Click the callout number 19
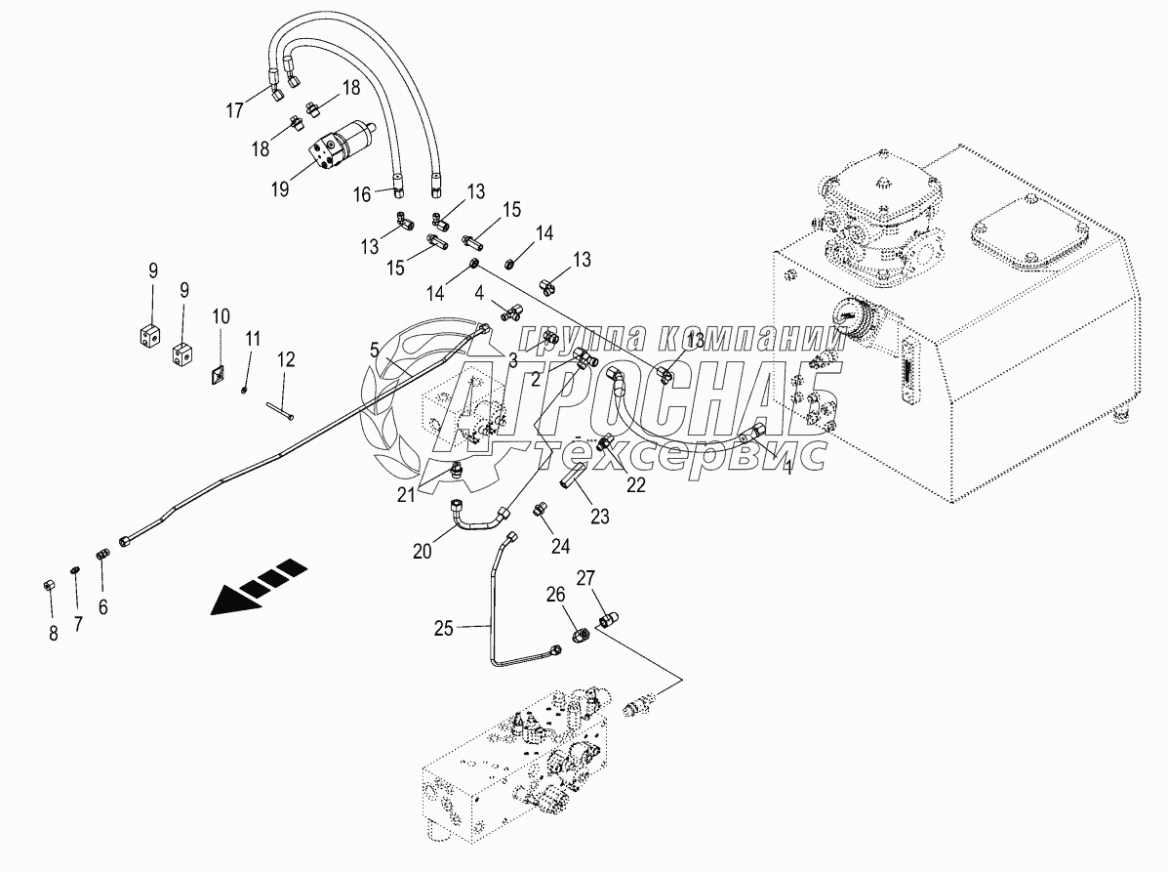click(280, 189)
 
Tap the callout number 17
click(235, 111)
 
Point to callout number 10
click(221, 315)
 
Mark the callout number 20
click(422, 552)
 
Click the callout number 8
click(53, 633)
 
